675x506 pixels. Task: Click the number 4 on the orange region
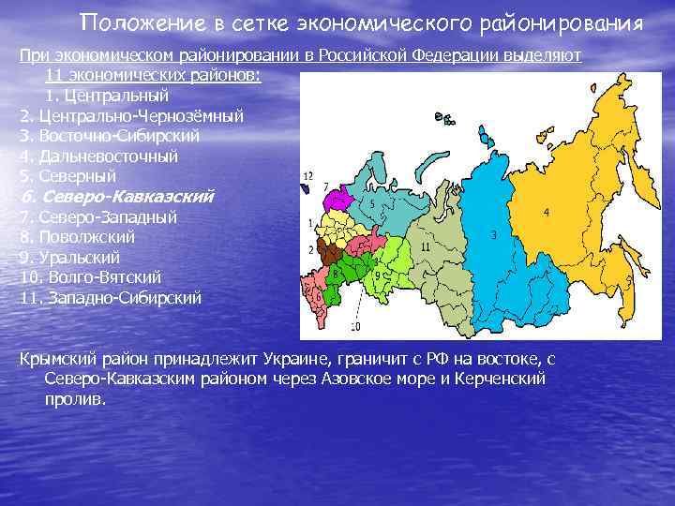click(546, 213)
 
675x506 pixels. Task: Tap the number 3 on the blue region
click(493, 236)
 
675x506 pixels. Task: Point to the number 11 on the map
click(425, 246)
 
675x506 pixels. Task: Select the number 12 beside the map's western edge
click(308, 175)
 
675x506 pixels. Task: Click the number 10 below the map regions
click(355, 326)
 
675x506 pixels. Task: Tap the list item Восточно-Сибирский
click(118, 136)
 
